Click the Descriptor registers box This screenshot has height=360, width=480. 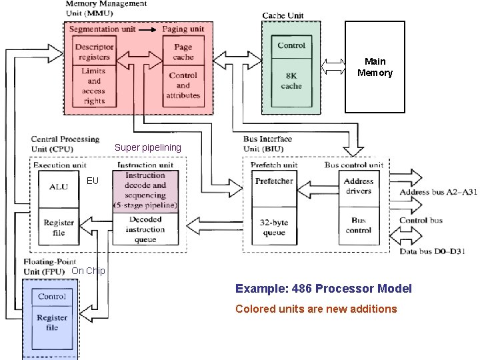94,52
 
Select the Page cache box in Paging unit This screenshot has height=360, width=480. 183,52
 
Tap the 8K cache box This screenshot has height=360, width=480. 291,81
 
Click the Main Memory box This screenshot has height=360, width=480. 374,67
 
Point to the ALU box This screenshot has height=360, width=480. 59,187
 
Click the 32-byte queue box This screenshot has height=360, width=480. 274,227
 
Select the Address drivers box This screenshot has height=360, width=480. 358,187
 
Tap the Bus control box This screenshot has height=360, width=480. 358,225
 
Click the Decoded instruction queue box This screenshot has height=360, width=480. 145,229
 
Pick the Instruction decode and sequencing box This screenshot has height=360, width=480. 145,191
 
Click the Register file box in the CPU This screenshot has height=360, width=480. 59,227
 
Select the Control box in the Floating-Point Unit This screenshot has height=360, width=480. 52,296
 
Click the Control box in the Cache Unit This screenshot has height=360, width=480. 291,45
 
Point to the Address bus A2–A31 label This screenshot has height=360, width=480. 438,193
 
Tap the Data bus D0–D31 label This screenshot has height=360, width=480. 432,251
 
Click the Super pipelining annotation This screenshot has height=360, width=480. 147,147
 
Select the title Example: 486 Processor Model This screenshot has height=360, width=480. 323,289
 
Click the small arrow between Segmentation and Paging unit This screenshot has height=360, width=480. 151,29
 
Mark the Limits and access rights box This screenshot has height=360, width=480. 94,86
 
